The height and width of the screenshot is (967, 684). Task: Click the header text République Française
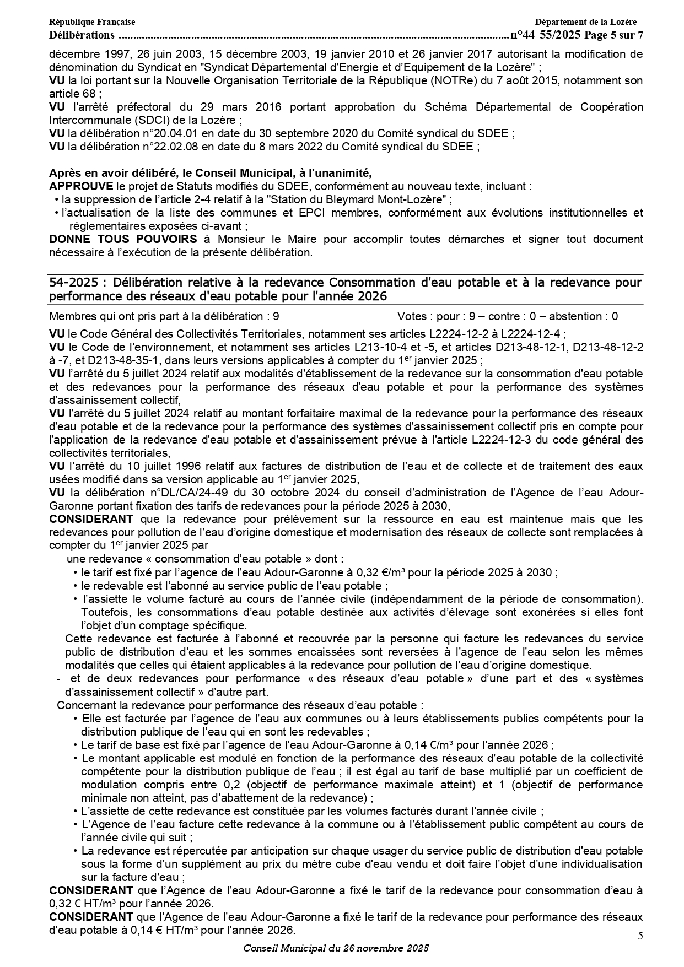92,22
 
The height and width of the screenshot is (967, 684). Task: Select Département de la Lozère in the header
585,22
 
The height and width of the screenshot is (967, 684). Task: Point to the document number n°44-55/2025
546,35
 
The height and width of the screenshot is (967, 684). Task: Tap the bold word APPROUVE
81,186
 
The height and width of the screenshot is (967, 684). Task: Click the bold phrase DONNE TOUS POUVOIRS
123,239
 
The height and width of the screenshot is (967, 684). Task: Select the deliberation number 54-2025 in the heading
74,283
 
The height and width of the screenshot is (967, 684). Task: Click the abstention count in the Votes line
615,316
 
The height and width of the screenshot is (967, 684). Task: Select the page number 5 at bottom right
640,936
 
